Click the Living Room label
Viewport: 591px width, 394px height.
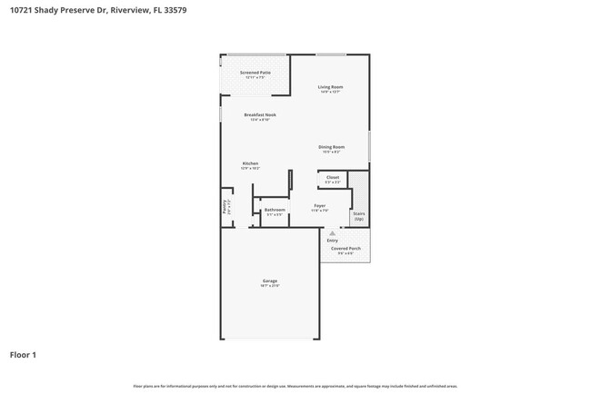(330, 87)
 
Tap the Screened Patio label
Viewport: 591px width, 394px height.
(255, 72)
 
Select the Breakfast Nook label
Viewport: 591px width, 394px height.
(260, 115)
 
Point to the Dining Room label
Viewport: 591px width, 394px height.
(331, 147)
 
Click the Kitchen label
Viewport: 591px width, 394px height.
(250, 163)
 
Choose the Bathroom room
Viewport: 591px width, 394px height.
(274, 210)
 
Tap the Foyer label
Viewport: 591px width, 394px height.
(320, 206)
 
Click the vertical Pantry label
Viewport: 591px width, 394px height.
(225, 206)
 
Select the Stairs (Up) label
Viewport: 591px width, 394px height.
(359, 217)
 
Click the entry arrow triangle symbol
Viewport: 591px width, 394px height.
(333, 233)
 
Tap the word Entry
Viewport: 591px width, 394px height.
(333, 240)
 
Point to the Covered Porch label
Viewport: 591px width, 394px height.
(346, 248)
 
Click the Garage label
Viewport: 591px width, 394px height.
(270, 281)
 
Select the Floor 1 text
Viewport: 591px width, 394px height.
(24, 355)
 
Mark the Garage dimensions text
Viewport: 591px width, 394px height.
(270, 286)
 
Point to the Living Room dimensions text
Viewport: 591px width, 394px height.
(330, 92)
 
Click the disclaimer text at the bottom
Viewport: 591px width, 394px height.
(295, 386)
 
